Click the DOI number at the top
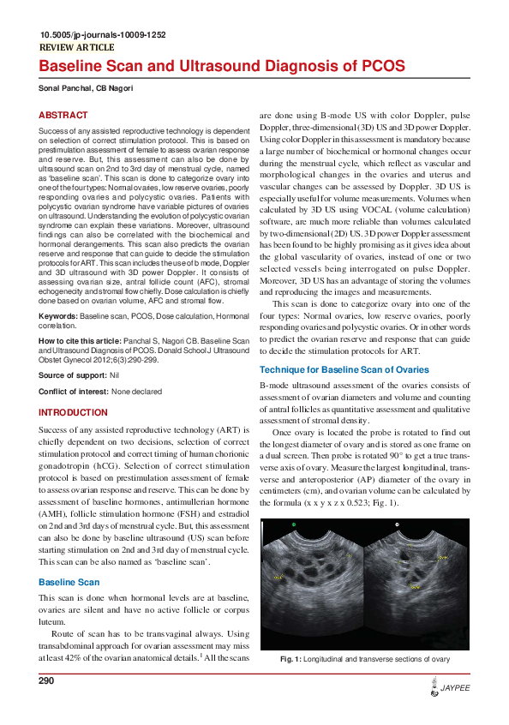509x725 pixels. coord(103,35)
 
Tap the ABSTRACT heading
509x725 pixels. coord(63,115)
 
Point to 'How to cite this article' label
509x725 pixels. coord(81,341)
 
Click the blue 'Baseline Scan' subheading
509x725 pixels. coord(71,582)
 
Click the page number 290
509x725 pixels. coord(47,680)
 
